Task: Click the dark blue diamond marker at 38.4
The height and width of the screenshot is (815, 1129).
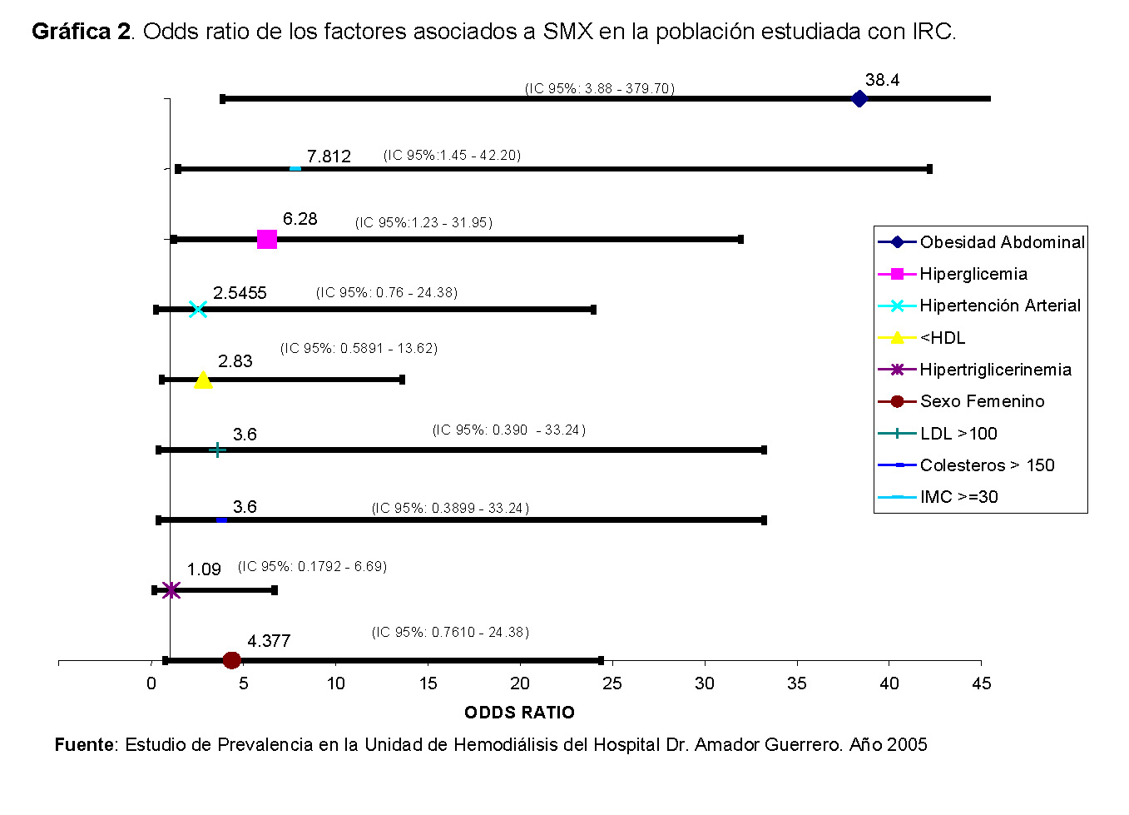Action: (859, 99)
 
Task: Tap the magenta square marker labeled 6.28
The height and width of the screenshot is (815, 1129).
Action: (267, 240)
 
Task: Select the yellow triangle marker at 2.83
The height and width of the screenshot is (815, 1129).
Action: (203, 380)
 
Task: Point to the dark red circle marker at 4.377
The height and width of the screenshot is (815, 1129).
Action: (232, 660)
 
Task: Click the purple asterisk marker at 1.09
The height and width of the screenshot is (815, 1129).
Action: (171, 590)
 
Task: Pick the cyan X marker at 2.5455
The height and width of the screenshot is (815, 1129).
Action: (197, 310)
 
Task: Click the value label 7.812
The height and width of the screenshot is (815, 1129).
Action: (329, 157)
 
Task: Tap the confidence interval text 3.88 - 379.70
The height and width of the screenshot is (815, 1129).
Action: (599, 88)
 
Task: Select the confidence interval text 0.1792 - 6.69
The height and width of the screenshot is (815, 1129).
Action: (312, 566)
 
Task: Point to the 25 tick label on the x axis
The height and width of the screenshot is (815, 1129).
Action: (612, 683)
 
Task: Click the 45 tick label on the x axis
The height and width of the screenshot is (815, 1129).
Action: (981, 683)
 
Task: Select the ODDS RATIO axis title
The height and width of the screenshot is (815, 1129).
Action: (519, 713)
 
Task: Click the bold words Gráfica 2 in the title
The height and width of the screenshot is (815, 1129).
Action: (81, 32)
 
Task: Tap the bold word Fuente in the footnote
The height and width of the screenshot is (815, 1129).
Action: (84, 744)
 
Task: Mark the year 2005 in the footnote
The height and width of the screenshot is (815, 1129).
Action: (907, 744)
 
